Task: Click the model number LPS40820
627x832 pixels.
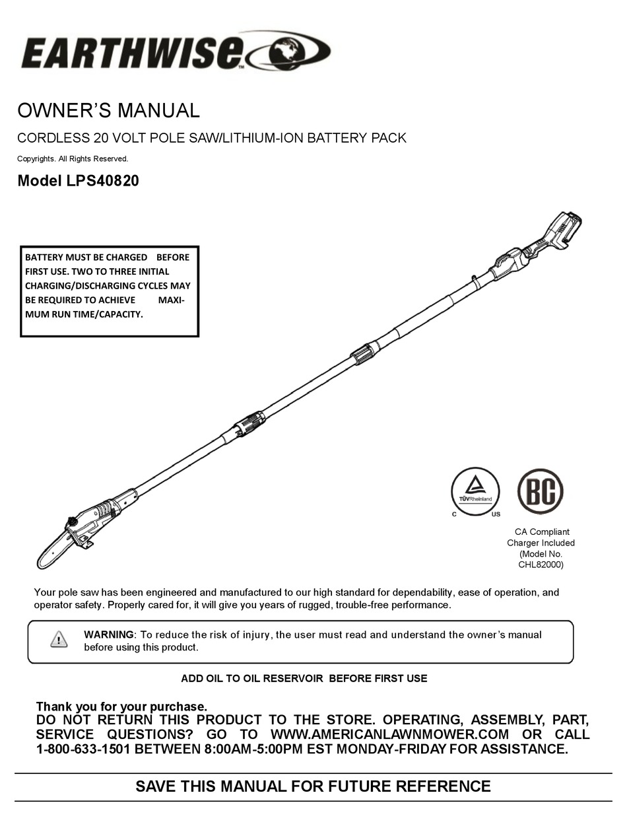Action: coord(102,181)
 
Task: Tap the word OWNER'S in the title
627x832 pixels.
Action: coord(60,110)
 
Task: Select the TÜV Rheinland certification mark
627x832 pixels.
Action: coord(475,491)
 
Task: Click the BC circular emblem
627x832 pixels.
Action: coord(540,491)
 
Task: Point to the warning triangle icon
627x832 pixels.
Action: coord(59,639)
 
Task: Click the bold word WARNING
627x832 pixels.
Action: coord(109,635)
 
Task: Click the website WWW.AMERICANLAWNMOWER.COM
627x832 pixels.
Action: coord(390,734)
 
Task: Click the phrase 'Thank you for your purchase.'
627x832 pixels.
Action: coord(121,707)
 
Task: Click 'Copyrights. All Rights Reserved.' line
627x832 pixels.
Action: coord(73,158)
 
